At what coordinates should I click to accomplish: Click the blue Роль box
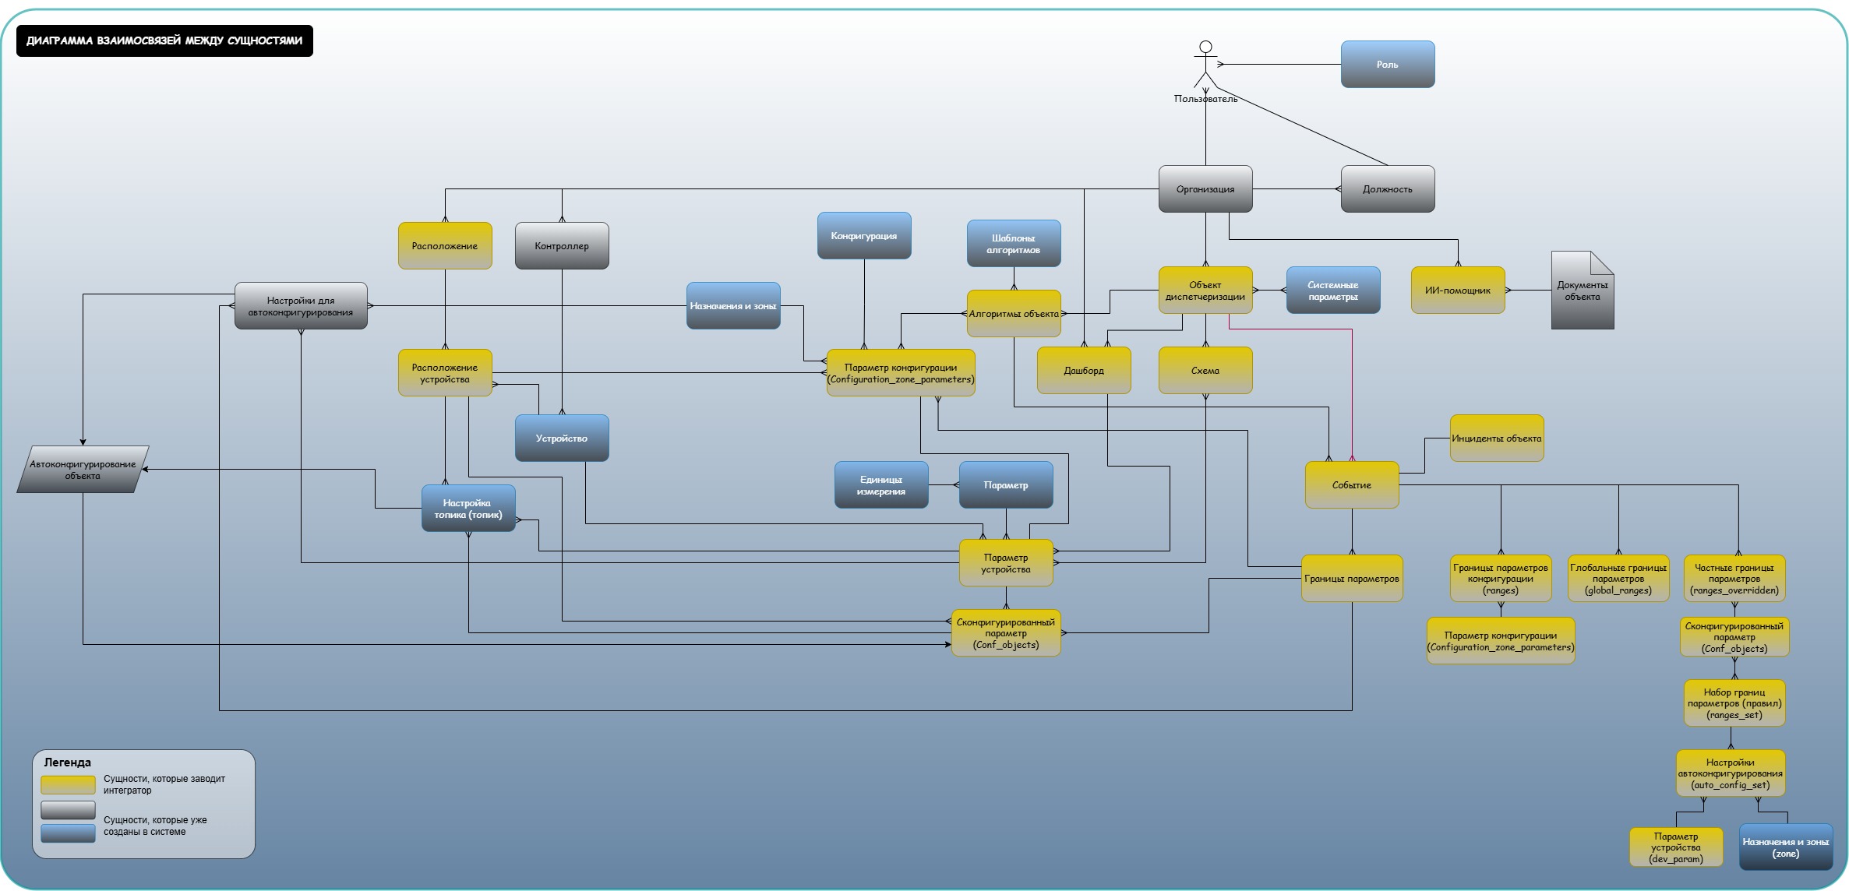(1387, 64)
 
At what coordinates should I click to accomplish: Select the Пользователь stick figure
(1205, 64)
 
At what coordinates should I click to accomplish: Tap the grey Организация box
(1205, 188)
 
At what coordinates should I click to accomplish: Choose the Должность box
(1387, 188)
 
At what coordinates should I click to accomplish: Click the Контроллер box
(562, 245)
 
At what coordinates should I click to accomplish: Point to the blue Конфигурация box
(863, 235)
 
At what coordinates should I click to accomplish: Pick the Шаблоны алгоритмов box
(1013, 243)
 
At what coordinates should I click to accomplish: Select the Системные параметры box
(1332, 290)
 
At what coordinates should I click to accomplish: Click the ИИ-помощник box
(1457, 290)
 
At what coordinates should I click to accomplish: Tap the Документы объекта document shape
(1582, 291)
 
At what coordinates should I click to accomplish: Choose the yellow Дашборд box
(1083, 370)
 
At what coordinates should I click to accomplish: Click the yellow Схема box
(1205, 370)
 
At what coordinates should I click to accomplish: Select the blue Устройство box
(561, 438)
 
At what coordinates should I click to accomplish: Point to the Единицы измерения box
(880, 484)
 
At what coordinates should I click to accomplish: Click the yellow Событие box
(1351, 484)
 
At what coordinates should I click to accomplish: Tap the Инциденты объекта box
(1496, 438)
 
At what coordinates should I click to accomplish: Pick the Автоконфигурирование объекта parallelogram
(83, 469)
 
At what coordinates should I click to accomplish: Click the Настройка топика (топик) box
(468, 508)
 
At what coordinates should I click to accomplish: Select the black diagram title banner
(164, 40)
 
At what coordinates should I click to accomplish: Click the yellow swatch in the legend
(68, 784)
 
